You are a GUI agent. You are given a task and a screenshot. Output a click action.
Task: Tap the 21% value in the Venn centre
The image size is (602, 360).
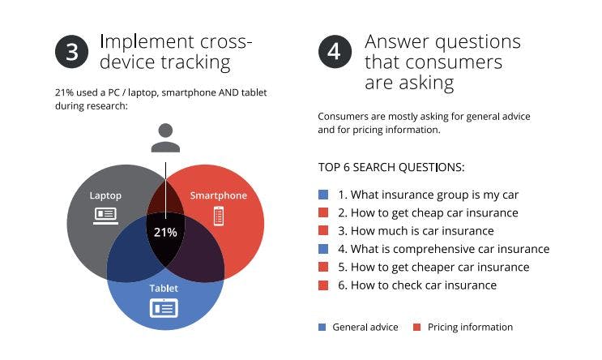point(165,232)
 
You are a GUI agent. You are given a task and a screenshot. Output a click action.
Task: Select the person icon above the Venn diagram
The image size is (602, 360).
point(165,138)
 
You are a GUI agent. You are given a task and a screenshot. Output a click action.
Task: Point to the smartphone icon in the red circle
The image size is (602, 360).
point(218,216)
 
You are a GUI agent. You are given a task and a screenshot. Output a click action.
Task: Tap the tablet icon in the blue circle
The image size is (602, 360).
point(164,308)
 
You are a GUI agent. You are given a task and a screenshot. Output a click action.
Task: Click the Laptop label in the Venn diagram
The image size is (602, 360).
point(105,195)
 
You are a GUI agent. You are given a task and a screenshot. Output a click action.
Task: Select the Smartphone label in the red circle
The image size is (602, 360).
point(218,195)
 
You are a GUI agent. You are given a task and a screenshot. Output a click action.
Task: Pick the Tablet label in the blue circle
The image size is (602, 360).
point(164,288)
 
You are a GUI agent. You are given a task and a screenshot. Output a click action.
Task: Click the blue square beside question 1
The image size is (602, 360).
point(323,195)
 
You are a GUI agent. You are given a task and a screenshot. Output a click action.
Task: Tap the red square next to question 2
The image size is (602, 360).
point(323,213)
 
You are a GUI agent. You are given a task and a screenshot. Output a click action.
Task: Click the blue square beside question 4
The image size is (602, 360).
point(323,249)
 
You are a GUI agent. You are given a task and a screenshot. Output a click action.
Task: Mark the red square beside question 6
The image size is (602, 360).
point(323,285)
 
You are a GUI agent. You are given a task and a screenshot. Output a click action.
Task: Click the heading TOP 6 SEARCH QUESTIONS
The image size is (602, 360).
point(391,168)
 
